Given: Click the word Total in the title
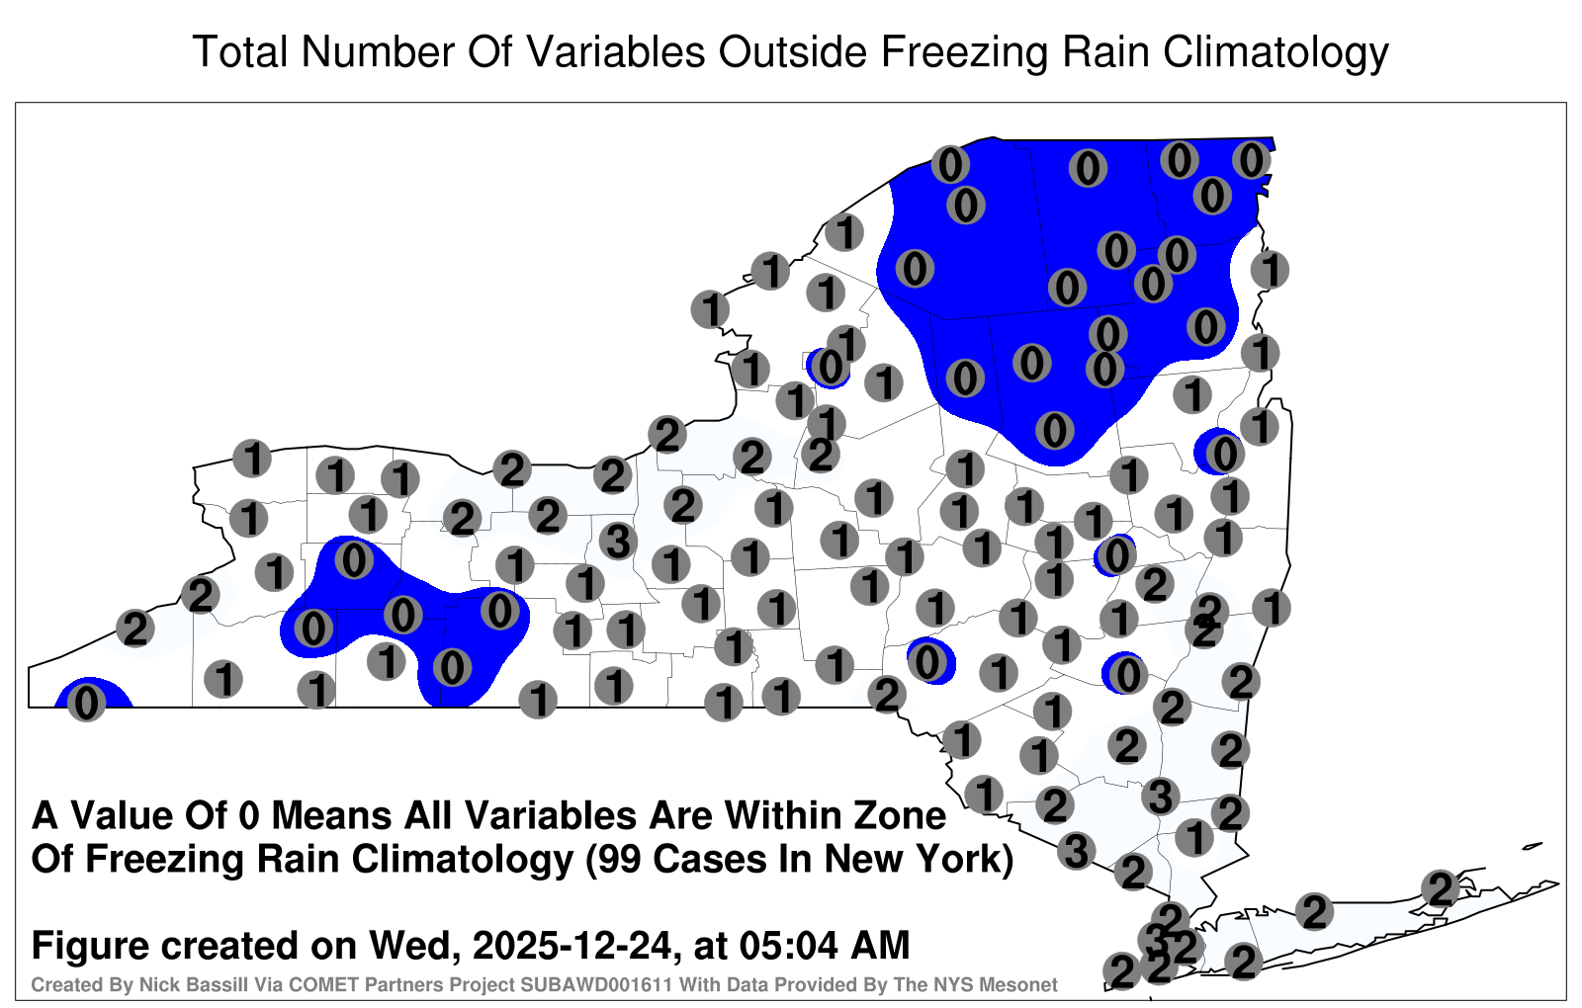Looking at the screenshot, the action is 240,51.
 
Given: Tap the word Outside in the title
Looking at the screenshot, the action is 792,51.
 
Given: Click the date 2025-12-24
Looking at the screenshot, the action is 572,946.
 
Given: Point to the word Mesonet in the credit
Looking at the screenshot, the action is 1024,984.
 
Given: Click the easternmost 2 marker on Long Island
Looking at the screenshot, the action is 1440,888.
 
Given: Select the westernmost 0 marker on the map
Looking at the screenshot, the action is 86,703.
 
